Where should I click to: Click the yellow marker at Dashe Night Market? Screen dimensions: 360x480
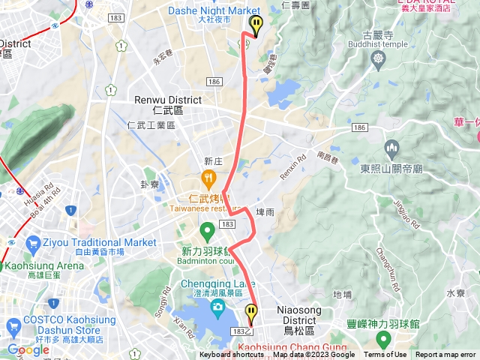(x=256, y=25)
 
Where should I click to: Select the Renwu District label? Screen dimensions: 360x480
(x=167, y=100)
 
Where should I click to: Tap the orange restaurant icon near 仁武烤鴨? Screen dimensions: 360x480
(x=208, y=178)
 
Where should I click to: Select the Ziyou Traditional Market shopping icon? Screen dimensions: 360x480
(x=32, y=243)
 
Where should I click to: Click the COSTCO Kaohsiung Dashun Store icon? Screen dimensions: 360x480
(x=13, y=325)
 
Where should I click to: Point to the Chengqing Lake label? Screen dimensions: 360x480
(x=217, y=283)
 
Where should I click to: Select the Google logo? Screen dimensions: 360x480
(x=28, y=349)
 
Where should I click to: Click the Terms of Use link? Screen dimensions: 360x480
(x=385, y=355)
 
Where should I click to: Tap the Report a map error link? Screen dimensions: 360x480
(x=445, y=355)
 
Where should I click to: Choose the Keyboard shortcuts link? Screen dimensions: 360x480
(x=232, y=355)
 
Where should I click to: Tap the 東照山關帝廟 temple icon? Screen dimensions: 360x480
(x=391, y=146)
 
